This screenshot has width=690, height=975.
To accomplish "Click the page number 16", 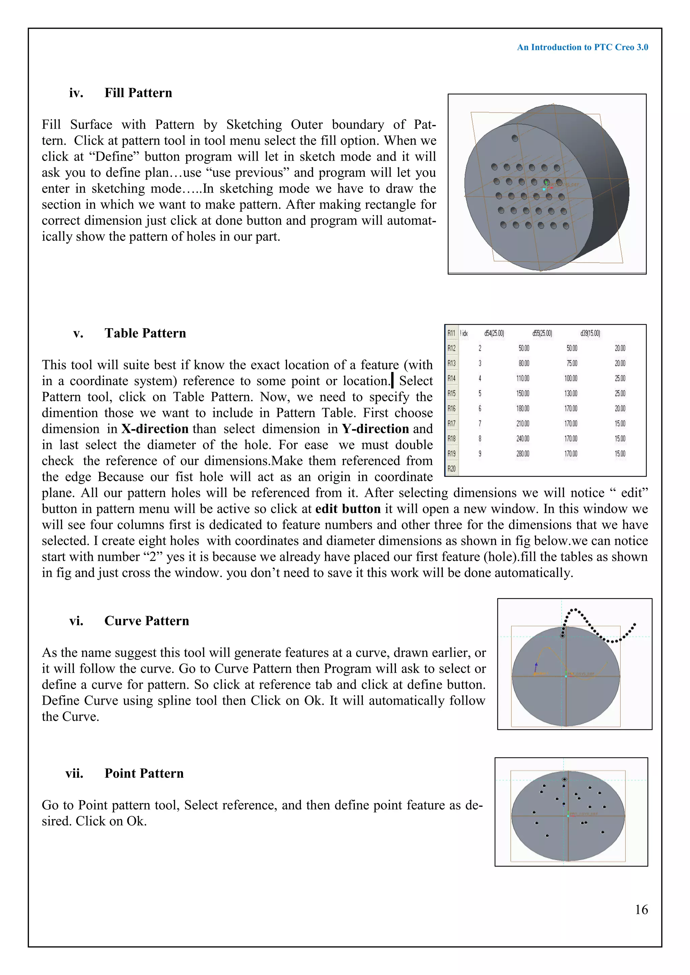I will point(641,909).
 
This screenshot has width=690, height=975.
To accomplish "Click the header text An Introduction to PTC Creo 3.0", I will point(582,47).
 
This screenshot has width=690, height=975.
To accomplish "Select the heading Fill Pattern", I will point(138,93).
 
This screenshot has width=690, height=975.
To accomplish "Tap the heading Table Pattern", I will point(145,333).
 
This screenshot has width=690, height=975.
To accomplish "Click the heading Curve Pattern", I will point(147,620).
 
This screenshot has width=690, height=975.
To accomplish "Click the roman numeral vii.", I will point(74,773).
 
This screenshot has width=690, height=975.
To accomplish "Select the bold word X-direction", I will point(155,429).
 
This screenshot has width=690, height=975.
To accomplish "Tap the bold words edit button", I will point(348,509).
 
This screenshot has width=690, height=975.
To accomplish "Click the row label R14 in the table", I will point(451,378).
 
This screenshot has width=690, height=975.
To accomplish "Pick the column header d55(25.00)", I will point(542,333).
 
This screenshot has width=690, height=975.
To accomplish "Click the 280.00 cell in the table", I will point(523,453).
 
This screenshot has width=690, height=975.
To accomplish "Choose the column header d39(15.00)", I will point(590,333).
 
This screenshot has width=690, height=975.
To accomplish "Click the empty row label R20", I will point(451,469).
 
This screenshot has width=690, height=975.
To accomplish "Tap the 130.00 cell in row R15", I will point(571,393).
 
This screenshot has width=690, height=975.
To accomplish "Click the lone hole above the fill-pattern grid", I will point(515,138).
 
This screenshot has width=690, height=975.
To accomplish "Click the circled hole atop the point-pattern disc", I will point(565,779).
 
